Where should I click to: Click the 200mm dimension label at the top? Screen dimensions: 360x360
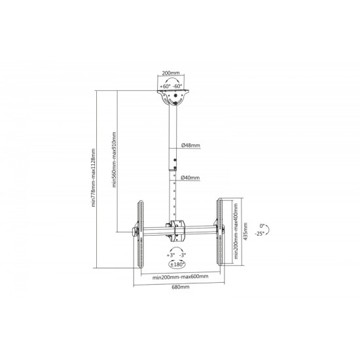point(171,73)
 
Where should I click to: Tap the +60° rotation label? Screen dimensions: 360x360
point(165,86)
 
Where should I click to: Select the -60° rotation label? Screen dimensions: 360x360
point(177,86)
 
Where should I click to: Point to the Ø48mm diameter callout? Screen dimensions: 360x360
point(190,145)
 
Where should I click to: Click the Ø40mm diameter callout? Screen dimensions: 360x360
point(190,177)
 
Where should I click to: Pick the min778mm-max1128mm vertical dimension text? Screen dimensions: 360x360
point(93,177)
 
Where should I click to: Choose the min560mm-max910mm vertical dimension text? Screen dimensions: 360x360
point(114,159)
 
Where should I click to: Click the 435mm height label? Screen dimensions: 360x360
point(245,231)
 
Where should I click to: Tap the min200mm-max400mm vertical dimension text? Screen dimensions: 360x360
point(236,231)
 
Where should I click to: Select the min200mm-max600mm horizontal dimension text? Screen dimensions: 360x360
point(181,277)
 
